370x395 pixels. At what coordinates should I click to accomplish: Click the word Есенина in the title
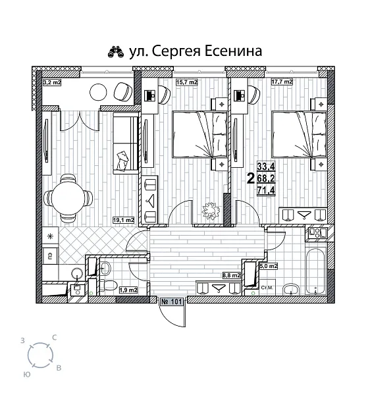tap(232, 51)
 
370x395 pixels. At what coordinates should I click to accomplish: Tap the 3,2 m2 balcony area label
tap(52, 82)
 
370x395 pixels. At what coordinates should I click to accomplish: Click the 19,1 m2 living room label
tap(123, 221)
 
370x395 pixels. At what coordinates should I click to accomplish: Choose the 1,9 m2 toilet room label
tap(128, 289)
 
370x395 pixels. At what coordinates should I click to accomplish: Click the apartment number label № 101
tap(172, 302)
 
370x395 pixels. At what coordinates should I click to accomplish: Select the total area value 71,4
tap(265, 190)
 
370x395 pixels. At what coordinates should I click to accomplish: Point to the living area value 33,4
tap(265, 167)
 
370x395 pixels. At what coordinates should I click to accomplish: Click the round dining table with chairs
tap(66, 196)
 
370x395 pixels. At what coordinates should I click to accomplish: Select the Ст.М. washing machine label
tap(268, 288)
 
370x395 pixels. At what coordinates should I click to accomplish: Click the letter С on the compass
tap(54, 338)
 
